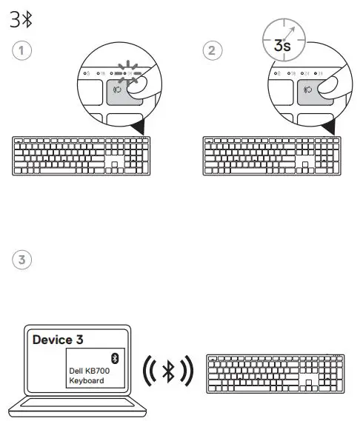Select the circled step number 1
(x=22, y=52)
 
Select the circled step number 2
(x=212, y=52)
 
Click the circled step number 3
(x=22, y=260)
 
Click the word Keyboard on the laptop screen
(x=86, y=381)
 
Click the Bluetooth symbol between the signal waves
(x=167, y=371)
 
